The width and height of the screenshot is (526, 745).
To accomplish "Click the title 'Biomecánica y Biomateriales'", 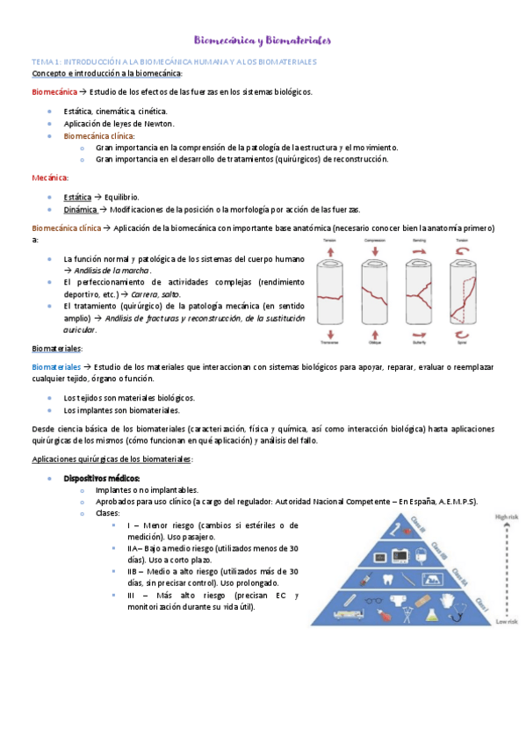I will point(262,40).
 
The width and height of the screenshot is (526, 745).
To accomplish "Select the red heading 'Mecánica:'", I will point(50,177).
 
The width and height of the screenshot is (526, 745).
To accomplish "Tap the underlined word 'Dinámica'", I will point(81,209).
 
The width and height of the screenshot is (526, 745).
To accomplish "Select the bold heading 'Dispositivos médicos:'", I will point(101,478).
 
